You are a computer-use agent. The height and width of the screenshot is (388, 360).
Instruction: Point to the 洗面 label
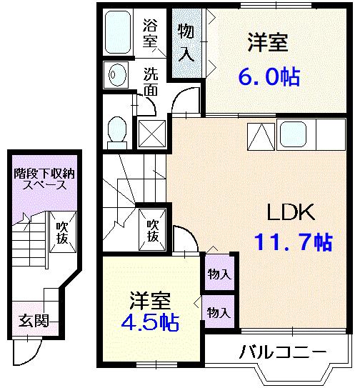[x=151, y=81]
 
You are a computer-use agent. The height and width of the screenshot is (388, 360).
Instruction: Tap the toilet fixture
[x=116, y=130]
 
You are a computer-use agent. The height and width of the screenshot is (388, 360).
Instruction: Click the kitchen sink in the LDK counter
[x=294, y=132]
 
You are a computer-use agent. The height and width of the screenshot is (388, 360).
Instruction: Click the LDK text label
[x=291, y=212]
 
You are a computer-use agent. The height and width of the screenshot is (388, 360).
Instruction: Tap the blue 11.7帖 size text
[x=293, y=243]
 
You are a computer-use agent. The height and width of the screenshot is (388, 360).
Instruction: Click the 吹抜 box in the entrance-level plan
[x=62, y=233]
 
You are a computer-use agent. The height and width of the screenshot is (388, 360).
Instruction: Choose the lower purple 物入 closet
[x=219, y=312]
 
